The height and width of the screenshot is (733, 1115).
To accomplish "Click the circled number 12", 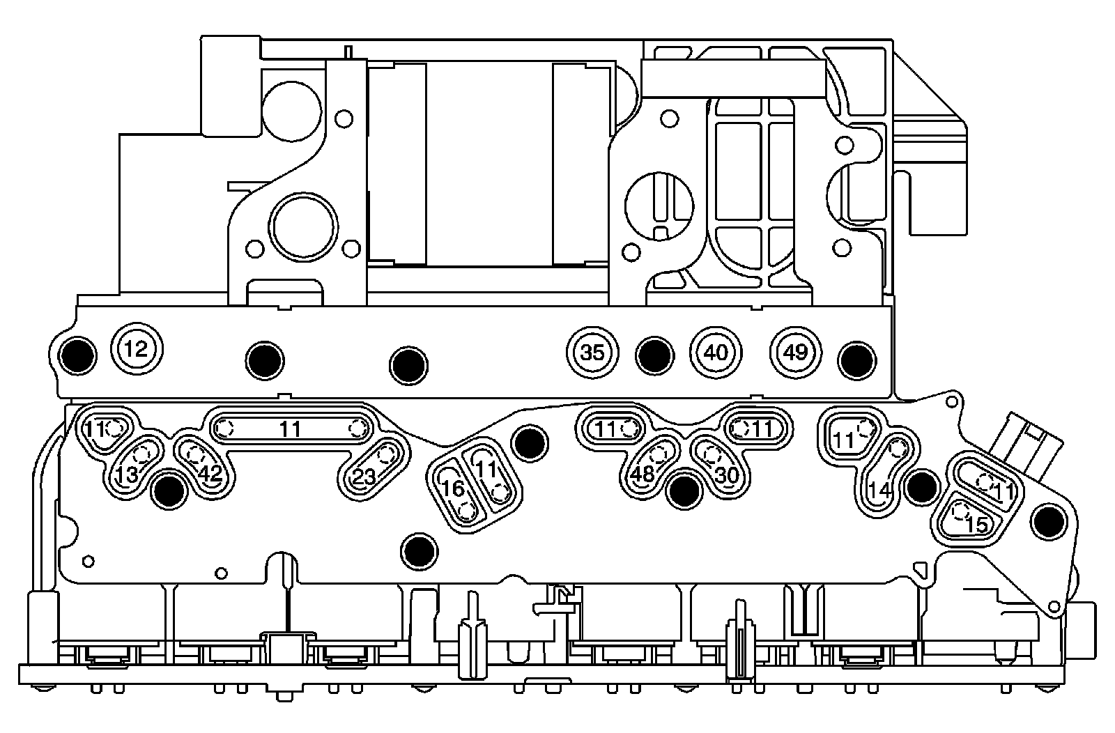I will pos(138,349).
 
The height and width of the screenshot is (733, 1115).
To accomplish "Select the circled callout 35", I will pos(592,353).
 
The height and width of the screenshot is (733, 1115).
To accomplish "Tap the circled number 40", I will pos(716,353).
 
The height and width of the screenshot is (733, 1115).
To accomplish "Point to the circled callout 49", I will pos(795,353).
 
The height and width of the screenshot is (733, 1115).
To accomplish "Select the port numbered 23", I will pos(374,467).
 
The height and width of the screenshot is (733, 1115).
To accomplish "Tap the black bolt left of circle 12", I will pos(77,355).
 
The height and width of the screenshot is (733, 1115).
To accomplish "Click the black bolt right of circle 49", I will pos(856,357).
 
